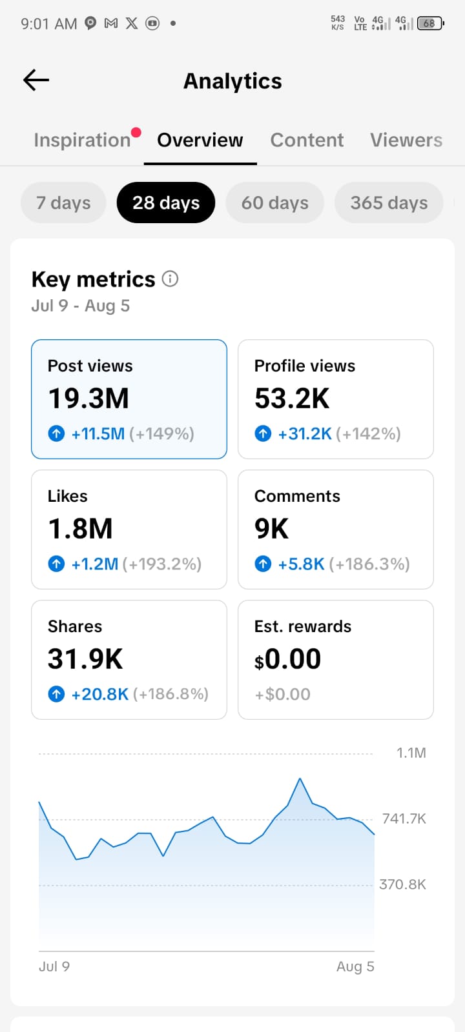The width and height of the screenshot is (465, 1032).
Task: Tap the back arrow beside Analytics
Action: coord(36,80)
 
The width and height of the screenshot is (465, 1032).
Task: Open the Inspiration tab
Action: coord(82,140)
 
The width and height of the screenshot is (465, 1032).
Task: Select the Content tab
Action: coord(307,140)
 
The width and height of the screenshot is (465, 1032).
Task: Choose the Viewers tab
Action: coord(406,140)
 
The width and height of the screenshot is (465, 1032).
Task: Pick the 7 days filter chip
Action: coord(64,203)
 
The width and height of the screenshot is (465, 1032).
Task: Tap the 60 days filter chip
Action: coord(275,203)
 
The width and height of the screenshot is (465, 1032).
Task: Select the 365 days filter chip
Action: coord(389,203)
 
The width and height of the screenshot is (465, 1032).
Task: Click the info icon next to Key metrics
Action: coord(170,279)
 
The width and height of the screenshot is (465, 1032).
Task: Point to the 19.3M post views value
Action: coord(88,399)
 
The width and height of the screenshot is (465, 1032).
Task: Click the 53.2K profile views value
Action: coord(292,399)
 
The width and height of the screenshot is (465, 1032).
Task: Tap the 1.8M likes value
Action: coord(80,528)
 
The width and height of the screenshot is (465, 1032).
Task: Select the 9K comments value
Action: coord(271,528)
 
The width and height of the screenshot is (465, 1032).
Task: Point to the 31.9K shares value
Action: coord(85,659)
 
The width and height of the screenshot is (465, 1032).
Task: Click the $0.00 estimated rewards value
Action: coord(287,659)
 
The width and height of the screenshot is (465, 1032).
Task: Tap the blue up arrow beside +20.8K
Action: coord(56,694)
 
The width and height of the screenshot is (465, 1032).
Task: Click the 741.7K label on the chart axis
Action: coord(404,819)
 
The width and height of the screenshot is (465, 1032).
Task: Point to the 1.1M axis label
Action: coord(411,753)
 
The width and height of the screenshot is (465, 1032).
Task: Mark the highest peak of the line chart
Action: coord(300,779)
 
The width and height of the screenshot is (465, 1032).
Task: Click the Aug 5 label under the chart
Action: coord(355,966)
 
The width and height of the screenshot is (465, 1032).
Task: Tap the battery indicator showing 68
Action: coord(430,23)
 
